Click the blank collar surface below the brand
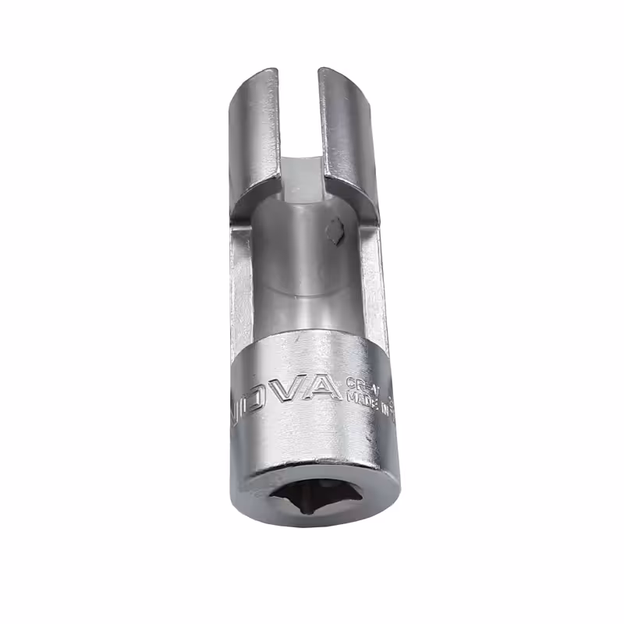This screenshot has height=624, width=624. (312, 441)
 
